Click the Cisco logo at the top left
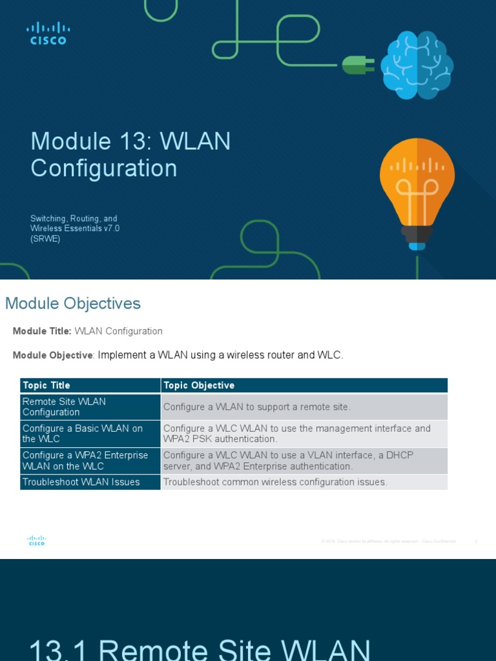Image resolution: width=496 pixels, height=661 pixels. [x=48, y=34]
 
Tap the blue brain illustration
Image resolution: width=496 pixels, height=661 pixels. [x=417, y=66]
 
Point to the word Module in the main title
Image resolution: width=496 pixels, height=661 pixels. [x=71, y=141]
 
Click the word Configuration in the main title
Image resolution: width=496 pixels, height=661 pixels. [x=103, y=168]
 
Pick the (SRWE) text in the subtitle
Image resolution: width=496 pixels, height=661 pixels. [x=45, y=239]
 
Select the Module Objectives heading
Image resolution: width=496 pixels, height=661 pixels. [x=73, y=303]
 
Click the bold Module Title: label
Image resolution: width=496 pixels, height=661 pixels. [x=42, y=331]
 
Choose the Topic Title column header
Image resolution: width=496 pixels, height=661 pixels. [x=46, y=385]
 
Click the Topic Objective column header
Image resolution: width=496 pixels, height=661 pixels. [x=199, y=385]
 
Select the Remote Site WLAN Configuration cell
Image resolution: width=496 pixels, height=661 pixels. [x=65, y=407]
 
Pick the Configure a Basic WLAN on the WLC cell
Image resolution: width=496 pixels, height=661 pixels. [x=83, y=434]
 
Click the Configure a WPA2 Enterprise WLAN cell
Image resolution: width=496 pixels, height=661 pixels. [x=85, y=461]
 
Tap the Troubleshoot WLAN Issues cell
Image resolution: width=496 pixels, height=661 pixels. [x=81, y=482]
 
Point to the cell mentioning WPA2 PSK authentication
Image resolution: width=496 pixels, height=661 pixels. [x=297, y=434]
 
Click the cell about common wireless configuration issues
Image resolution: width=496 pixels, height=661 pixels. [x=276, y=482]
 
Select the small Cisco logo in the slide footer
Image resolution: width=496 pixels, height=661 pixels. [x=36, y=541]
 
